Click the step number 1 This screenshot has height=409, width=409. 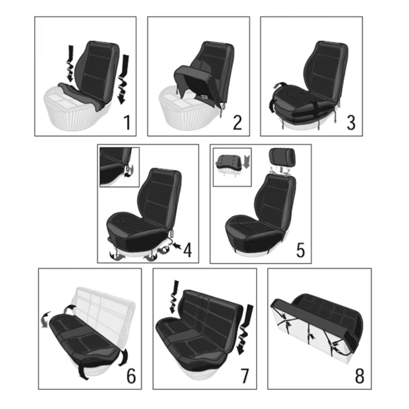(127, 122)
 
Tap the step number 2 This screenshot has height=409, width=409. (237, 122)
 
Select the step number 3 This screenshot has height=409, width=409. (351, 123)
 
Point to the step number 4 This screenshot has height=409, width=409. (188, 250)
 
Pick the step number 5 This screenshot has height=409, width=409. (301, 250)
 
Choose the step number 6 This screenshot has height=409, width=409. (131, 376)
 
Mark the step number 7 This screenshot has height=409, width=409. (245, 376)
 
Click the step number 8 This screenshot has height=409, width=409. (360, 376)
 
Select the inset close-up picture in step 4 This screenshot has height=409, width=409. (119, 167)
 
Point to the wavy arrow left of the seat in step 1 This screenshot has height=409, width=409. (70, 63)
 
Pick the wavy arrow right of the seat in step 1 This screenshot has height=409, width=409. (123, 79)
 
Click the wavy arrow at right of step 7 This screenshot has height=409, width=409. (244, 330)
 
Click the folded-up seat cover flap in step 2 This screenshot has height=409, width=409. (194, 78)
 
